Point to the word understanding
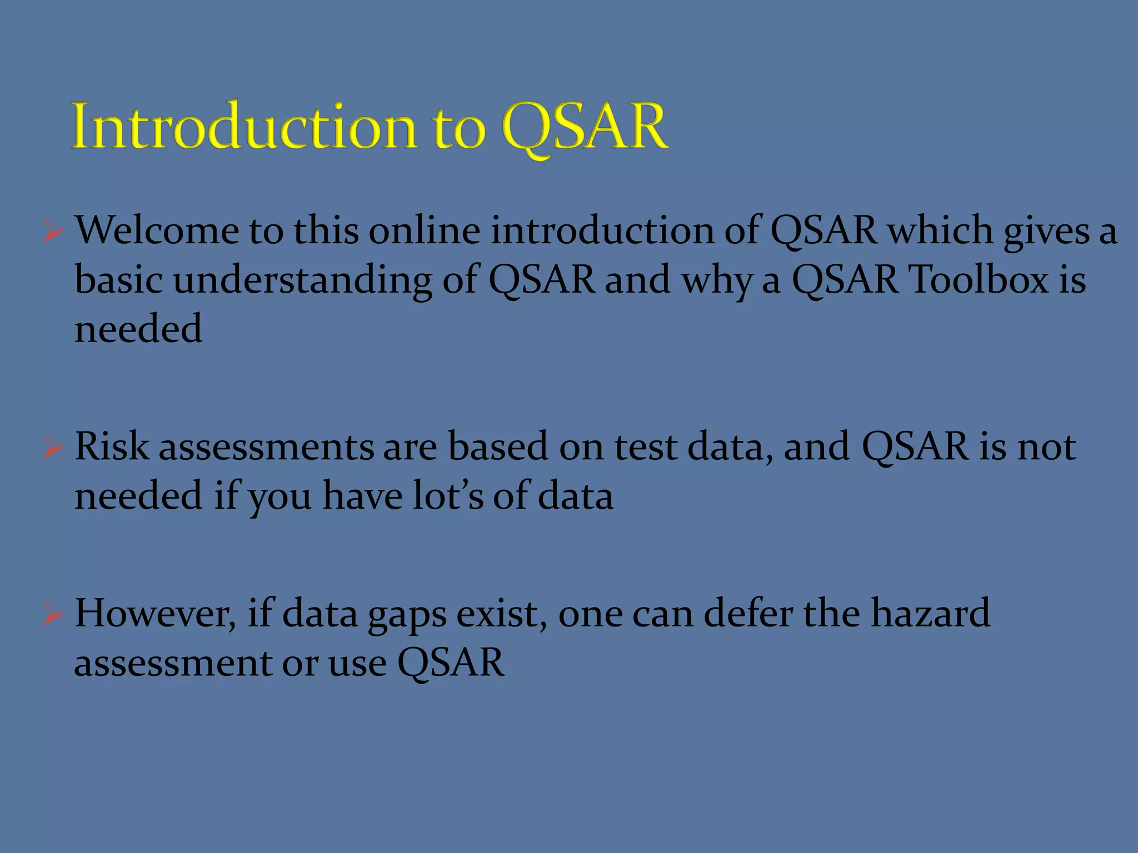(x=302, y=280)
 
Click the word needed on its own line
(x=138, y=329)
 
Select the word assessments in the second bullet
(x=266, y=448)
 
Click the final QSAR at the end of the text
(x=451, y=663)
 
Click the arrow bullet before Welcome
(x=53, y=231)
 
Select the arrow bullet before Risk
(x=53, y=448)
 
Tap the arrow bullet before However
(x=53, y=614)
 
